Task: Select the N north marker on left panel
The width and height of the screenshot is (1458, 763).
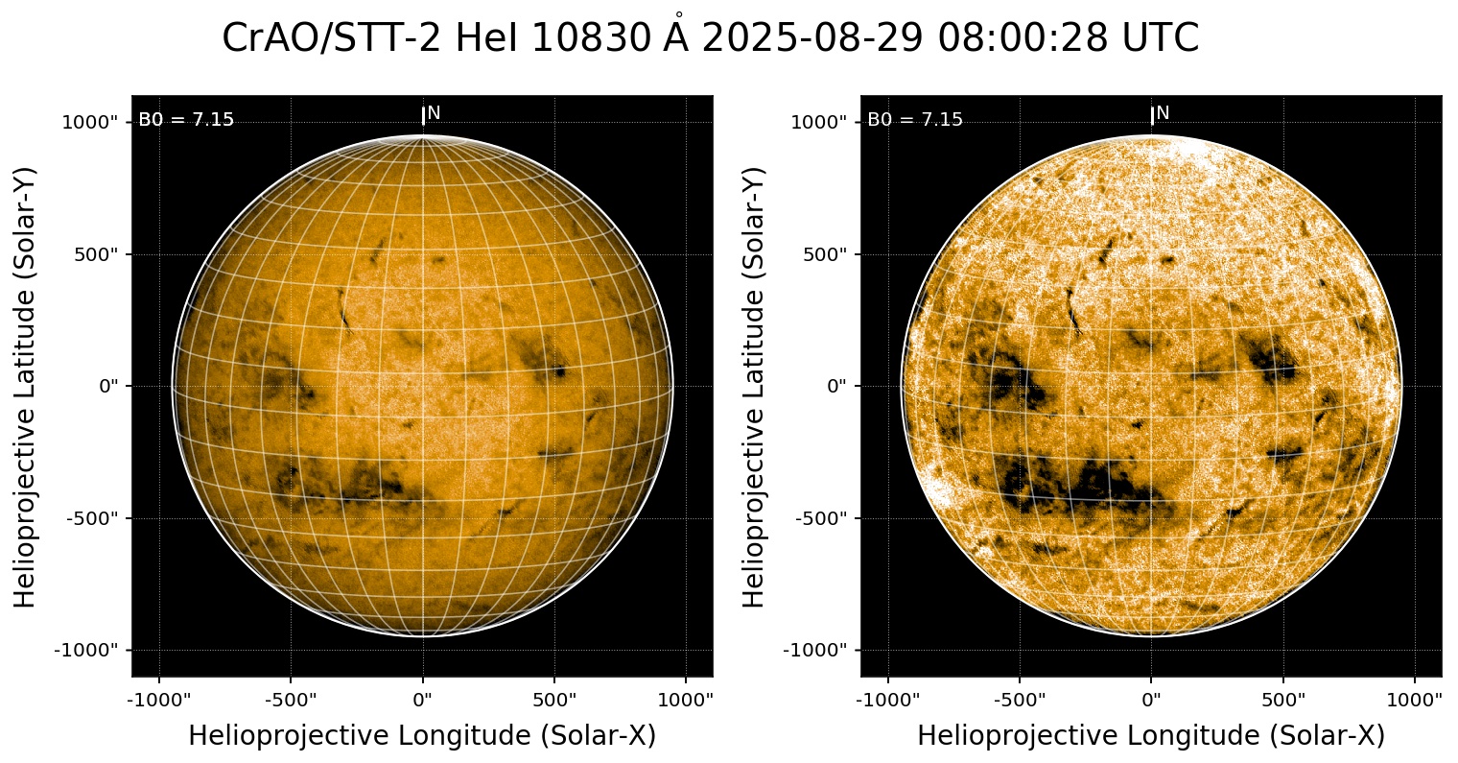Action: click(x=434, y=113)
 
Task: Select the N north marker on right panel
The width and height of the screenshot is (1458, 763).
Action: click(x=1163, y=113)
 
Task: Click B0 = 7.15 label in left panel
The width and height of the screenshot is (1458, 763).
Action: click(x=186, y=120)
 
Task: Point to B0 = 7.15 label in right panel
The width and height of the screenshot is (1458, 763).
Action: click(x=915, y=120)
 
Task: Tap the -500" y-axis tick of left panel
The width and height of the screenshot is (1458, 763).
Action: click(x=95, y=518)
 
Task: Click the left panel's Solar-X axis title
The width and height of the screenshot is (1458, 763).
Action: click(x=422, y=736)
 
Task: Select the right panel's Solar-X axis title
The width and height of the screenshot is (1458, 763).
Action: click(x=1151, y=736)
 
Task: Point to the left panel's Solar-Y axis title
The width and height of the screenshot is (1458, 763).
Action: click(x=26, y=386)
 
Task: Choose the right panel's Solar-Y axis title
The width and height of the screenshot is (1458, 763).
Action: click(x=755, y=386)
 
